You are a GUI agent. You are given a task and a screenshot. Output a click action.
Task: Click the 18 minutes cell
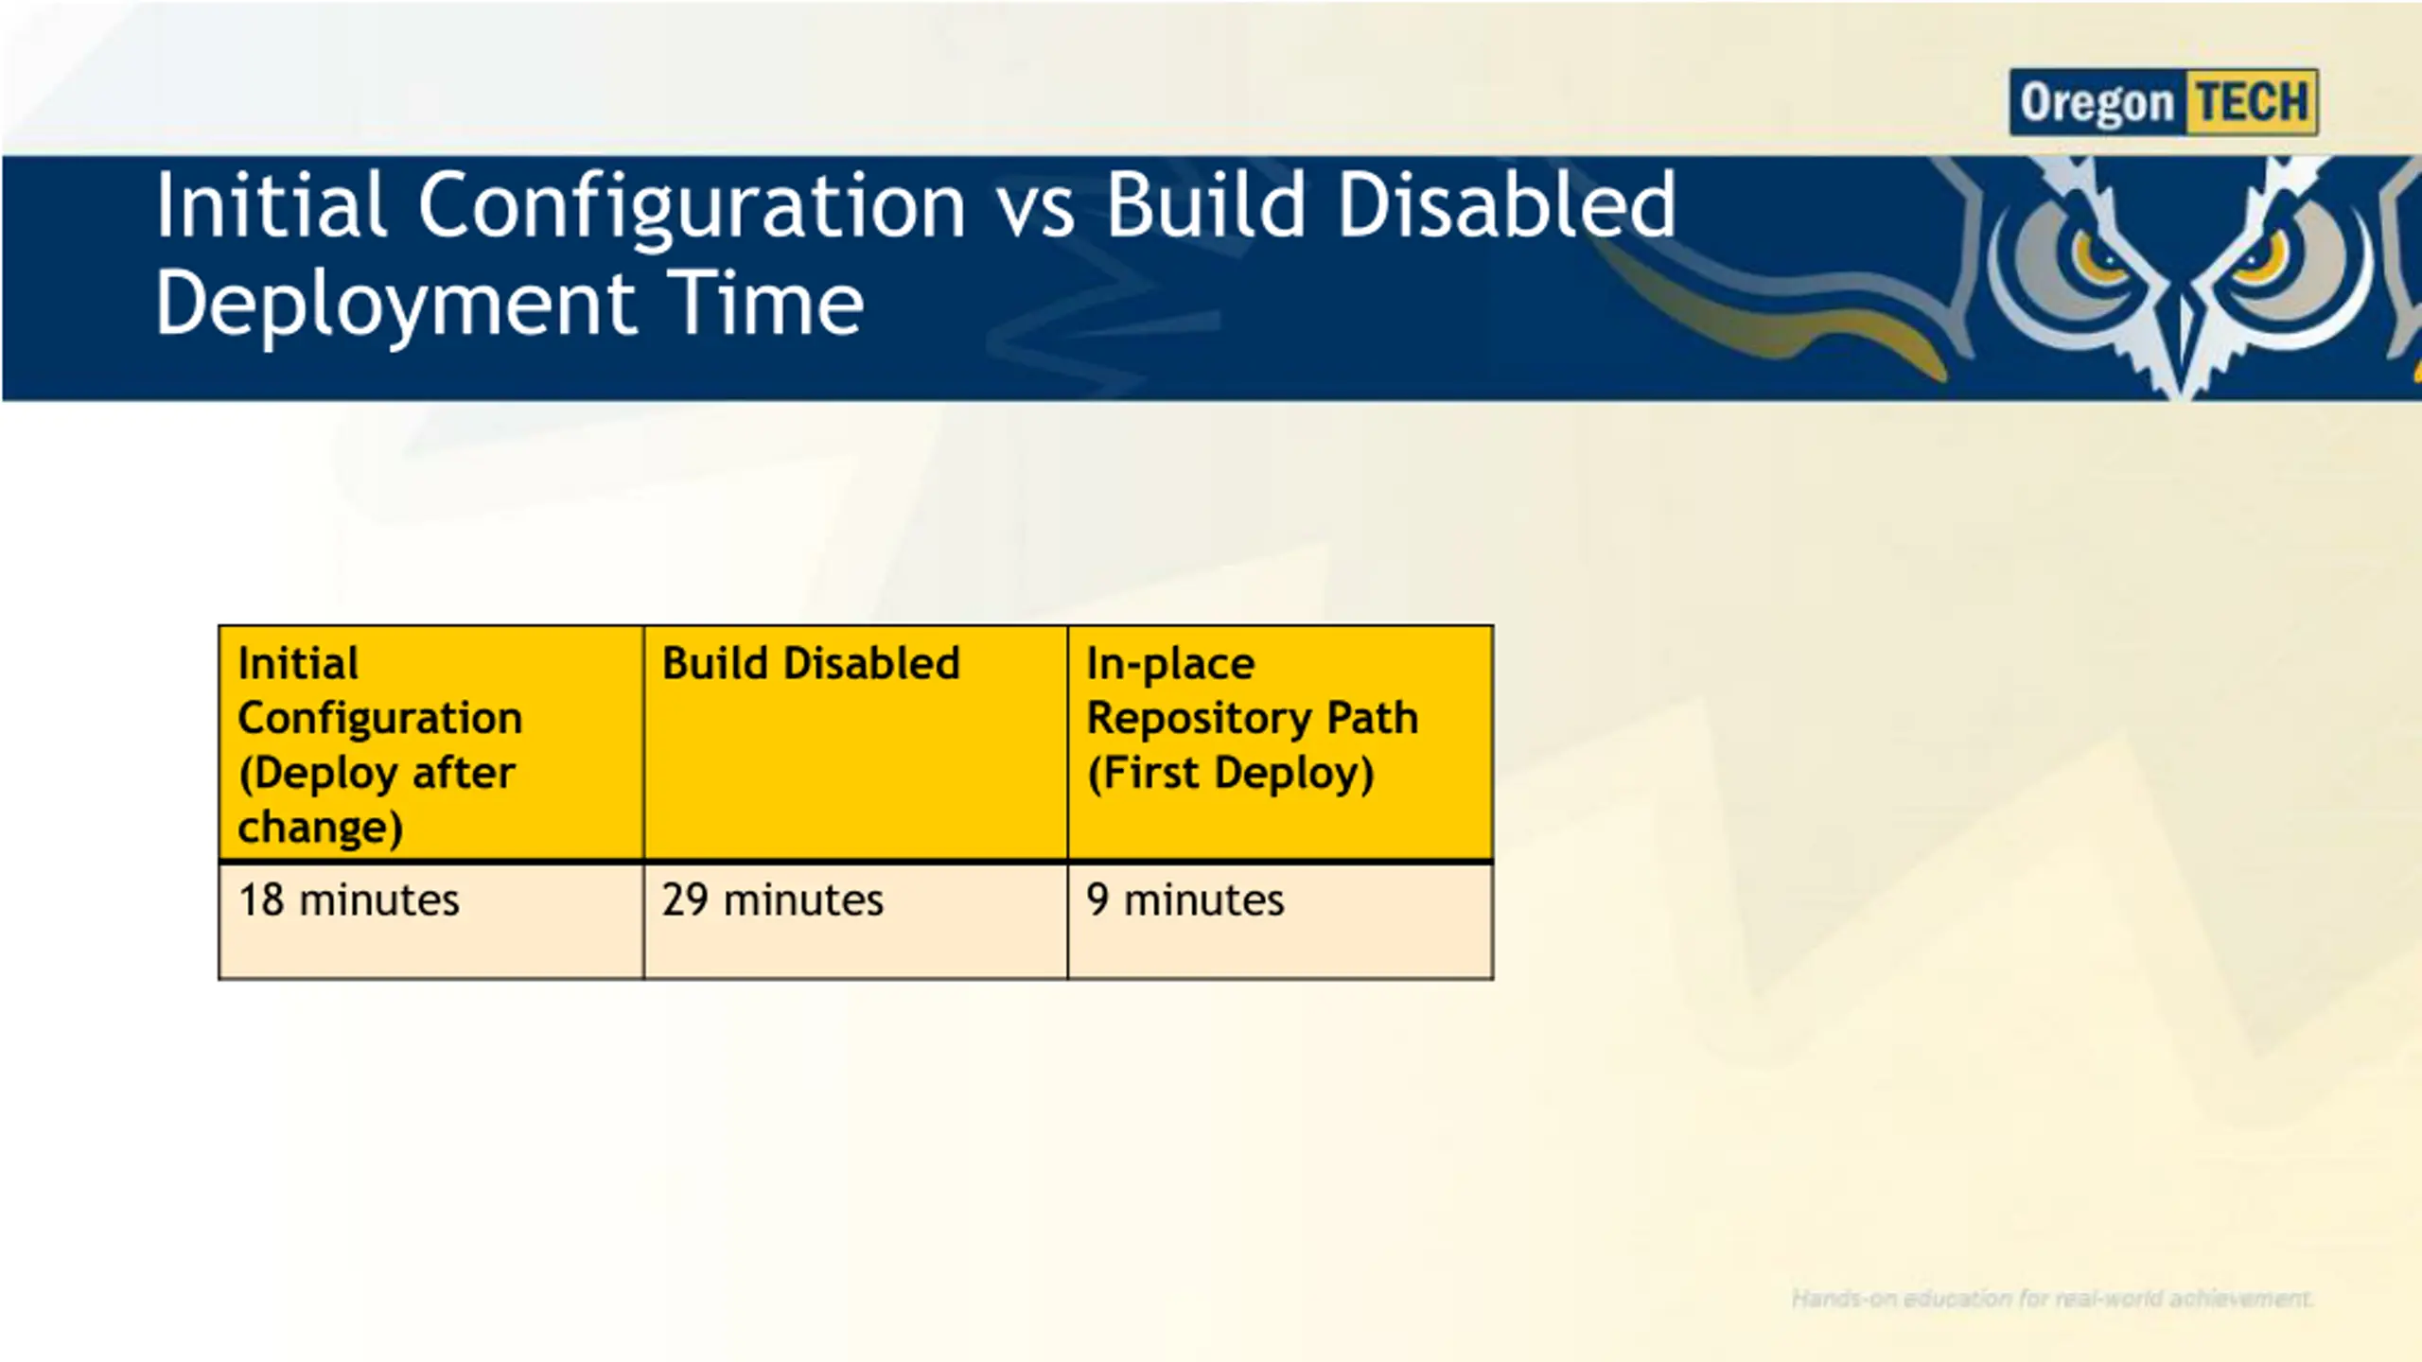point(430,920)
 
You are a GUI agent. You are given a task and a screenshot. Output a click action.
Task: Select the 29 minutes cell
point(855,920)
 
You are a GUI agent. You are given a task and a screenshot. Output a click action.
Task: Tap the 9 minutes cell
point(1280,920)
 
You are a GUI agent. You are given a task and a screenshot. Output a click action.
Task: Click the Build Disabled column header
point(855,743)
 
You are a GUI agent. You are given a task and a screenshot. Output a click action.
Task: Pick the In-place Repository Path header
point(1280,743)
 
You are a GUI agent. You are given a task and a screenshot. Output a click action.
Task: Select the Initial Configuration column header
point(430,743)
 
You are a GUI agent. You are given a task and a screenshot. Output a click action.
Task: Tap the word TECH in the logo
point(2253,102)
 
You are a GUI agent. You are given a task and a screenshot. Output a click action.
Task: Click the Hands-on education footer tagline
point(2051,1299)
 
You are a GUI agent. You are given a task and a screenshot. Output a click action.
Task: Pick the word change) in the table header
point(321,829)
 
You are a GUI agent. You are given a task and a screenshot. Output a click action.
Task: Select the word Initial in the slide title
point(271,204)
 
